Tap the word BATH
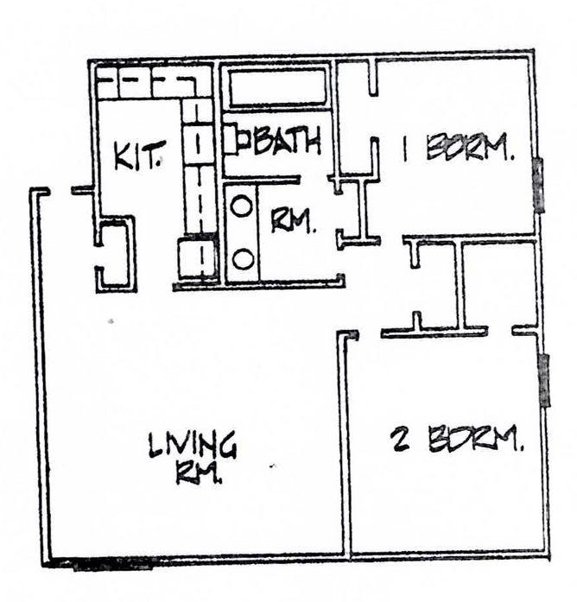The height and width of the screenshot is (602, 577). click(x=286, y=140)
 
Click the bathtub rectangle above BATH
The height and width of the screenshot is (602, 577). click(x=276, y=86)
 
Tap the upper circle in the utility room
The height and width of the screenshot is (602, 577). click(x=243, y=207)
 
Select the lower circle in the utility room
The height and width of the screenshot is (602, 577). click(x=243, y=257)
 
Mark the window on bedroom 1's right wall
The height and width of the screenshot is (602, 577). click(x=538, y=185)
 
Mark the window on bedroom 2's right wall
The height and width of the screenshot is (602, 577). click(x=544, y=380)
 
